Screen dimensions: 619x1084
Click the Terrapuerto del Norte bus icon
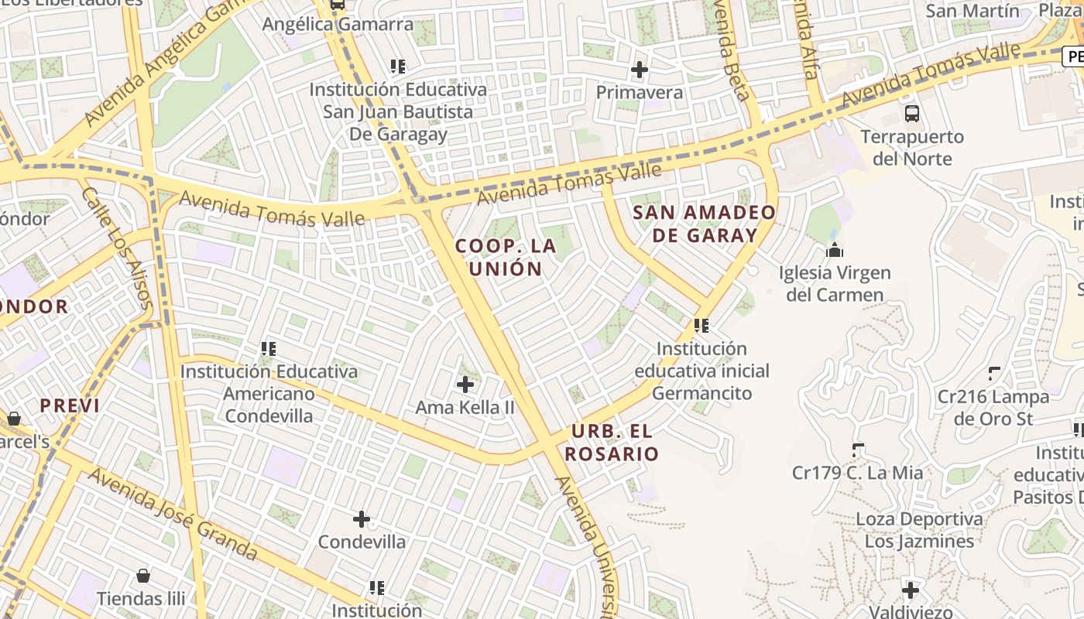(x=912, y=114)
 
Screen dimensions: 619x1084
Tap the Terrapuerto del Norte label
(x=912, y=148)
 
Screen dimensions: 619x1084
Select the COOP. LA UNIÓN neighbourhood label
(x=506, y=258)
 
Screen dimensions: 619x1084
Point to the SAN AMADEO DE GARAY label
(x=704, y=224)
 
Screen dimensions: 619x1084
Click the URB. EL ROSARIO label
(x=612, y=443)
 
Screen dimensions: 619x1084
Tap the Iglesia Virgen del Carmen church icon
(x=835, y=250)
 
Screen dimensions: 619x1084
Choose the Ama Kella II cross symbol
(x=465, y=384)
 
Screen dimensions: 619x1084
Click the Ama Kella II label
(x=465, y=407)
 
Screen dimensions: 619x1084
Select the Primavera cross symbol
(x=640, y=70)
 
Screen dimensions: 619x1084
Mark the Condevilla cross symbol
(x=362, y=519)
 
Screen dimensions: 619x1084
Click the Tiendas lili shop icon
(x=143, y=576)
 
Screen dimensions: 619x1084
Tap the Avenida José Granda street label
(x=172, y=513)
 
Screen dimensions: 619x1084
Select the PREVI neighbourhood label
(x=70, y=405)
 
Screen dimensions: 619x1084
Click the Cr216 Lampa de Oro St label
(x=993, y=408)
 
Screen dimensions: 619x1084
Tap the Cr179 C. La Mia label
(x=857, y=472)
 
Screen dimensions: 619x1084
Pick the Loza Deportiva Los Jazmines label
(x=919, y=530)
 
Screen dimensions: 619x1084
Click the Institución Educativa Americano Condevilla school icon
(x=269, y=349)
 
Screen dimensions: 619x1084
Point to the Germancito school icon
(x=702, y=326)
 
